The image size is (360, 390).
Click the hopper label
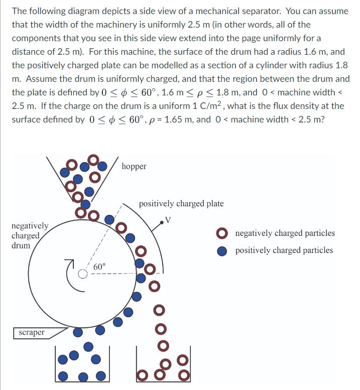(x=134, y=166)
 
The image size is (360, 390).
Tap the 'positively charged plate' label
(x=181, y=203)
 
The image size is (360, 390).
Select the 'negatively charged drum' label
(x=30, y=235)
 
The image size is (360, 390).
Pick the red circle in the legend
(x=222, y=233)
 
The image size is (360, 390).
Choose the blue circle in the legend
(x=222, y=250)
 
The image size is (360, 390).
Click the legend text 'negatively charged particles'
(x=285, y=233)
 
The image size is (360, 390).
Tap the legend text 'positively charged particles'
(x=284, y=250)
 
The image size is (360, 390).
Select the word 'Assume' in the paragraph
(x=42, y=79)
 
